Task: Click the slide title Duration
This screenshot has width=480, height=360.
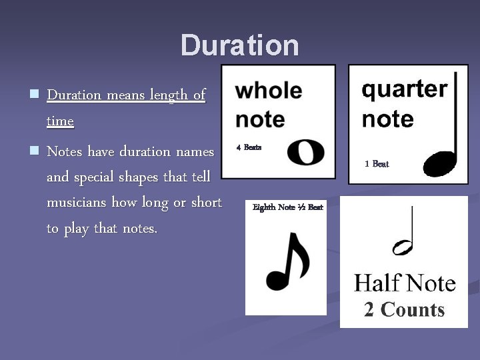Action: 240,45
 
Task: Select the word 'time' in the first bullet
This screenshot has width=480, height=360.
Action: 60,121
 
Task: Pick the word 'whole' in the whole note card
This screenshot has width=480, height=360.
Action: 268,91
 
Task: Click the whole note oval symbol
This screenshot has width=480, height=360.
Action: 305,153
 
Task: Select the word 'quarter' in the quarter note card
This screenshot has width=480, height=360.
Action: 404,89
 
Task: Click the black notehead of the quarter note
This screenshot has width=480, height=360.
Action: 441,163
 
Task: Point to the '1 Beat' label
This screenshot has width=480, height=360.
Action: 377,163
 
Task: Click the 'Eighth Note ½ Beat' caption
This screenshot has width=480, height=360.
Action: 287,207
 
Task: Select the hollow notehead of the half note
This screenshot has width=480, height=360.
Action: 403,248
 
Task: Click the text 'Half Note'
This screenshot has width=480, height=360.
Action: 405,283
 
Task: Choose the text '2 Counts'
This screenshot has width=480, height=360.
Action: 404,309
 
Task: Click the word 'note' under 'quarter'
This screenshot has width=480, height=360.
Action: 387,119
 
